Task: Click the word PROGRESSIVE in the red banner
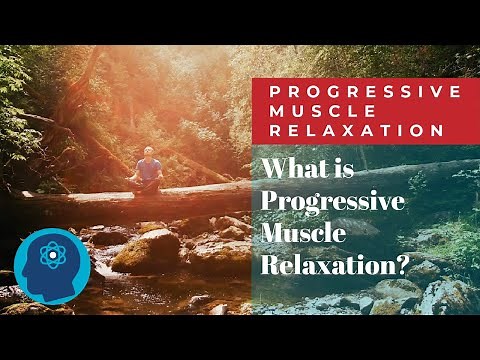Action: (364, 91)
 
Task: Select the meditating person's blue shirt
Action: (148, 167)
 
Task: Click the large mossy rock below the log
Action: (146, 251)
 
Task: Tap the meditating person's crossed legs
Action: (148, 183)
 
